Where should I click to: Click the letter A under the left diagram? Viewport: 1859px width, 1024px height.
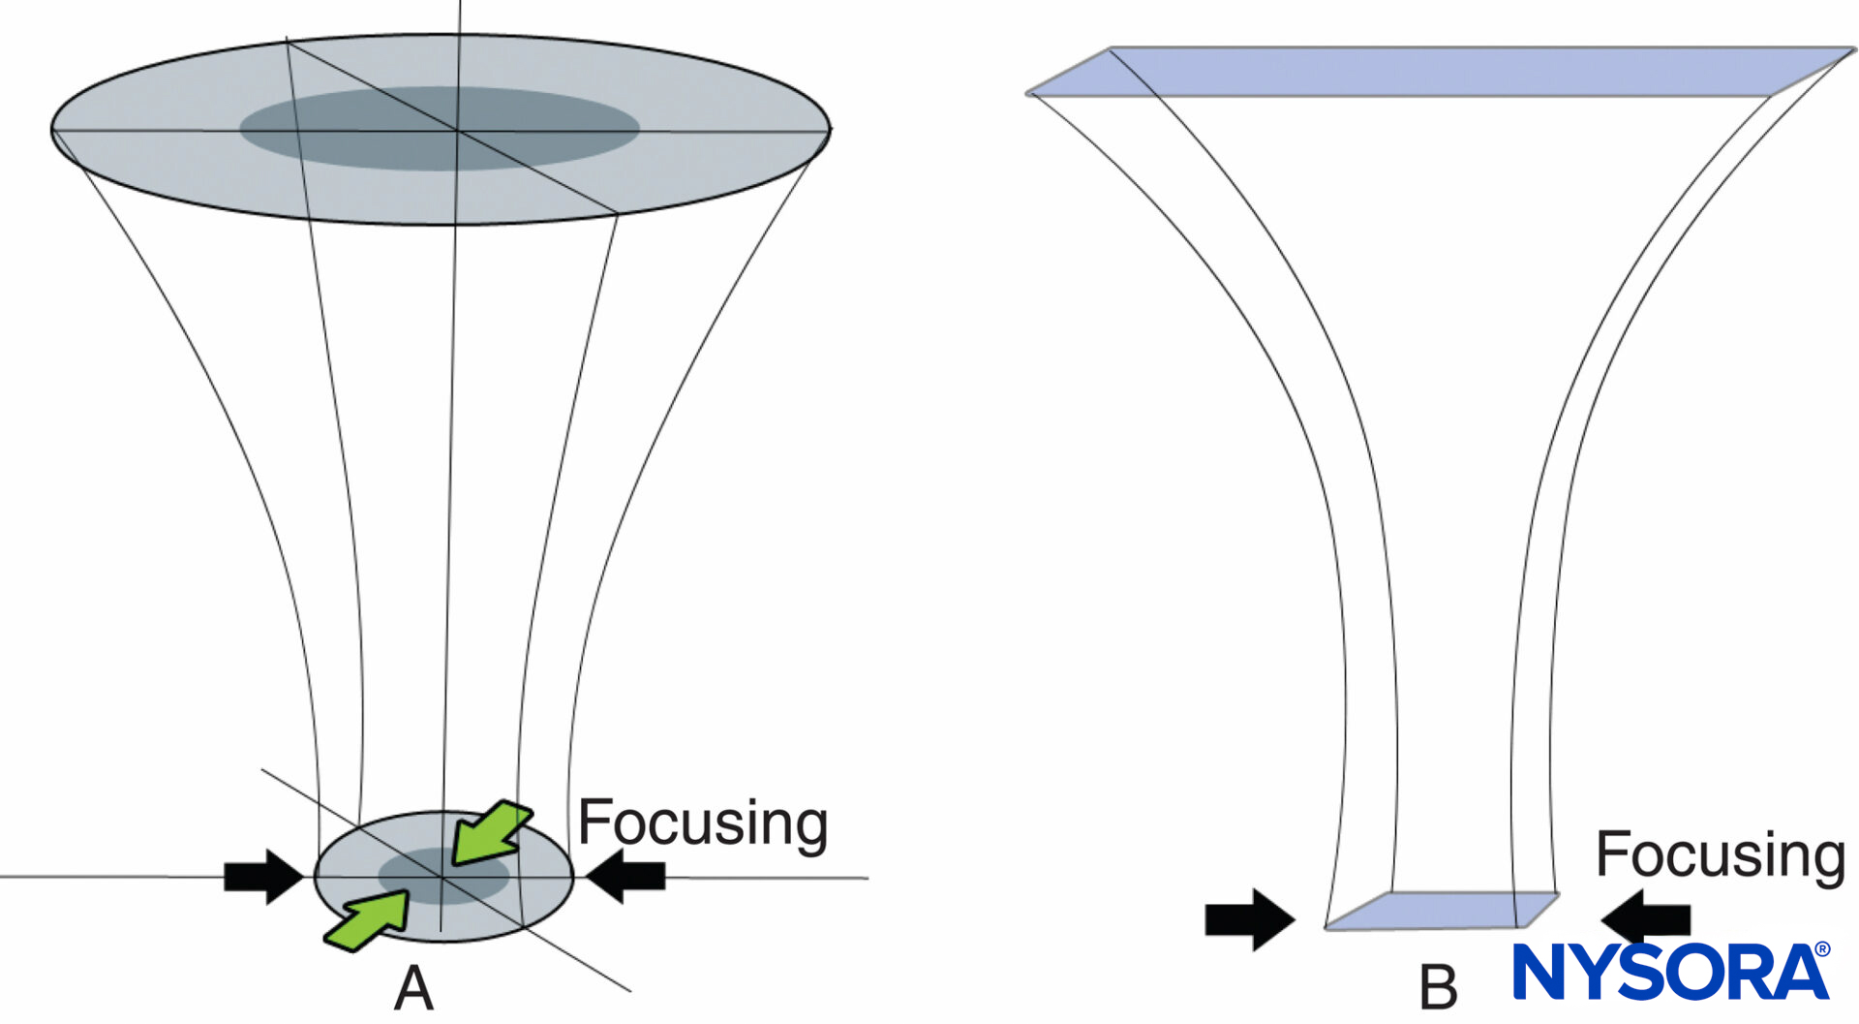tap(413, 989)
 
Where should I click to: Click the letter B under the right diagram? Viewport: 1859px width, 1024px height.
tap(1438, 988)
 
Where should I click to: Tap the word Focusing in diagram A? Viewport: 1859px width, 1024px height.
tap(702, 823)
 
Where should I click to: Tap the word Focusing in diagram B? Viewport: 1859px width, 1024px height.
tap(1720, 855)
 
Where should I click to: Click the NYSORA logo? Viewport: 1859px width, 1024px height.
tap(1670, 971)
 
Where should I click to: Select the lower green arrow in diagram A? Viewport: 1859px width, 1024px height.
tap(368, 921)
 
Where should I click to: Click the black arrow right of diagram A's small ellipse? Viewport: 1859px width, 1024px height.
tap(626, 876)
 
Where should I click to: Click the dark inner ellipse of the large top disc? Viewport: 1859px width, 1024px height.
tap(439, 128)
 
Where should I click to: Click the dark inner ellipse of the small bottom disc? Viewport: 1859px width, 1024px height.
tap(443, 876)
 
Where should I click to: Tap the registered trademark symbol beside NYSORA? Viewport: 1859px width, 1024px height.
tap(1821, 949)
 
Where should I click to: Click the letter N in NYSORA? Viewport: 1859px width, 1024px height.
tap(1543, 972)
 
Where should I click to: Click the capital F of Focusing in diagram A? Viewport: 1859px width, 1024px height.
tap(593, 823)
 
